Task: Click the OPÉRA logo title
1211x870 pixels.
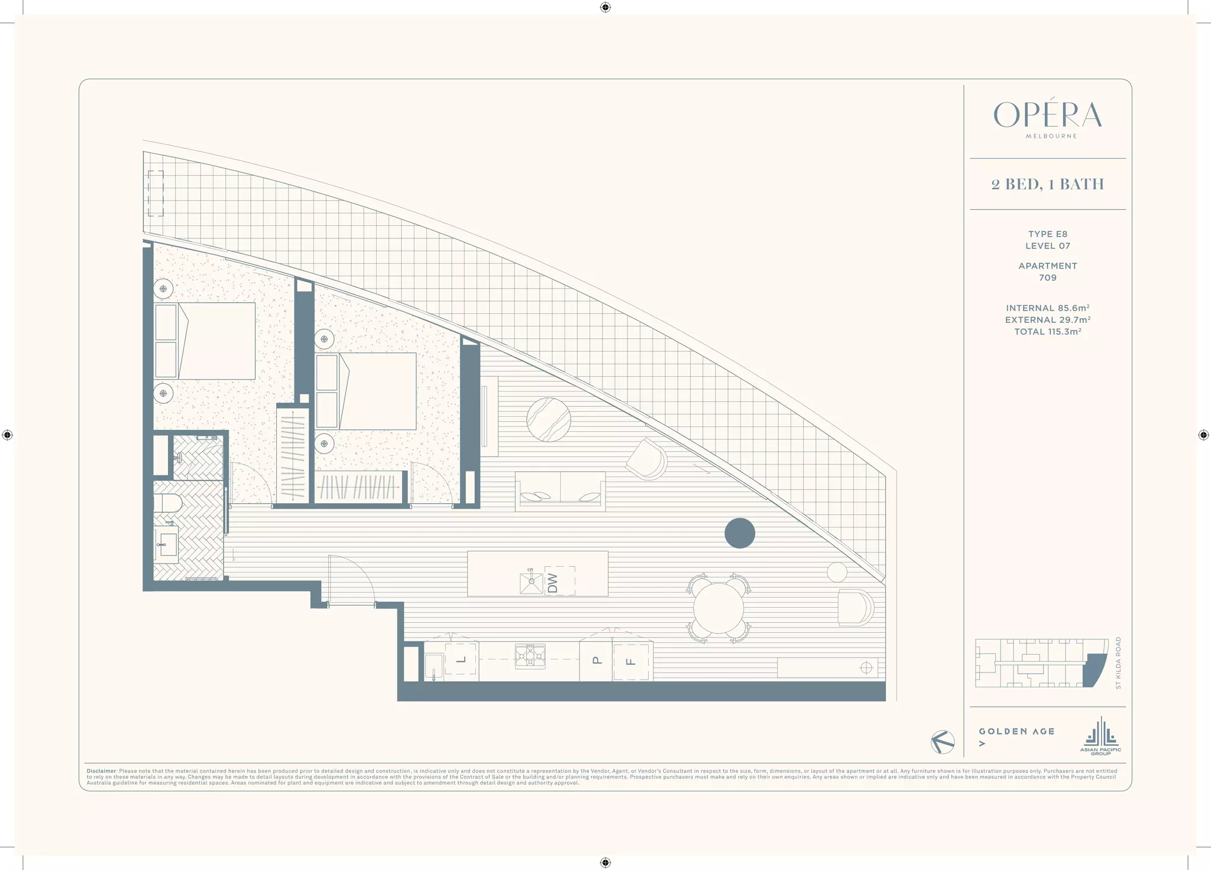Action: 1047,115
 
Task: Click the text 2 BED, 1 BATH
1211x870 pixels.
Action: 1047,185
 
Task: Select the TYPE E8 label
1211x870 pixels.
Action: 1047,234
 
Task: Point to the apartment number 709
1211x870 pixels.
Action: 1047,277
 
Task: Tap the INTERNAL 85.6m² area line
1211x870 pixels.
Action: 1047,308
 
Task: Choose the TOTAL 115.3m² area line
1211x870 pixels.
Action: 1047,332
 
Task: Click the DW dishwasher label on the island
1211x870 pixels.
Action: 553,582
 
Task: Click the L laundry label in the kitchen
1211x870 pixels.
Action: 461,659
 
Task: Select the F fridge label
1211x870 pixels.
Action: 631,662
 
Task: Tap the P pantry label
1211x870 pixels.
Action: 597,660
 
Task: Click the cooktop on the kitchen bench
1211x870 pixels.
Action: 530,656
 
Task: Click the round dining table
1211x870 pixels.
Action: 718,608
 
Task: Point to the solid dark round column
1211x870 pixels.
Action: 740,533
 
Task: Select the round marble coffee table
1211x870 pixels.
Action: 549,419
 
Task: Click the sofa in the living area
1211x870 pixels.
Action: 560,490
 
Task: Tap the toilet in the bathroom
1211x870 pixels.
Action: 168,503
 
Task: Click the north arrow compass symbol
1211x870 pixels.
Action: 943,742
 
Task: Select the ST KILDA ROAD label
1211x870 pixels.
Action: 1118,662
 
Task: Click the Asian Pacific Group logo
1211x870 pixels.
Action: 1100,736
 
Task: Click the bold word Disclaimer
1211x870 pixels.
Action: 101,771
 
